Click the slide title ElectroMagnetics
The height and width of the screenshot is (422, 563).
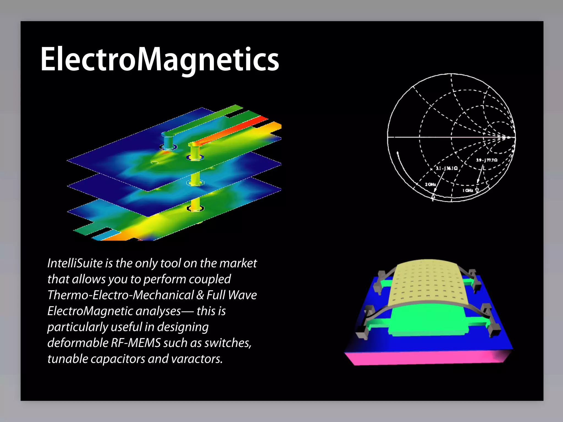160,59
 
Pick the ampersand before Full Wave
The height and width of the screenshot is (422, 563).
200,295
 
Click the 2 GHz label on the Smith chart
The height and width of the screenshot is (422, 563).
430,184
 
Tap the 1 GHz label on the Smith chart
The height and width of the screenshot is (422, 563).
468,190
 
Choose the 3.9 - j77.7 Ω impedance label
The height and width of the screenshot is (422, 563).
487,160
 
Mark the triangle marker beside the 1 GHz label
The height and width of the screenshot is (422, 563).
477,190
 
